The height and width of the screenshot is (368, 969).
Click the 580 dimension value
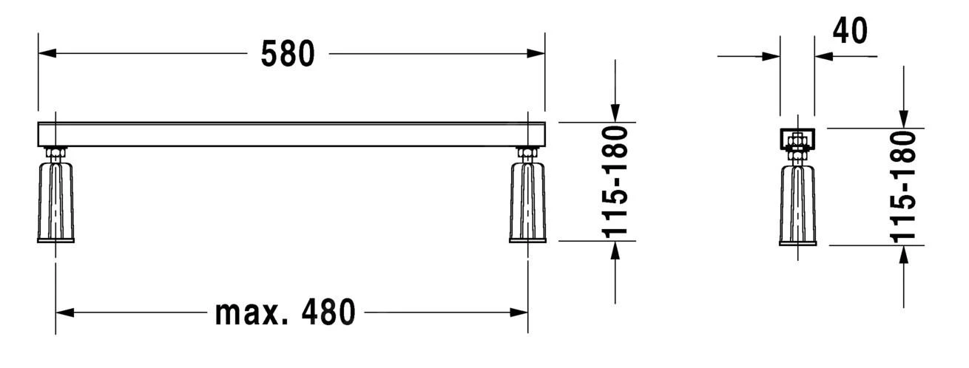point(288,54)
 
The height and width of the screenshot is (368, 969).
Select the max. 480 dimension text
point(285,313)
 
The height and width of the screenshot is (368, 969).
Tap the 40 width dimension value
point(850,30)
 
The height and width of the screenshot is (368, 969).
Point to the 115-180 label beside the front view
point(615,181)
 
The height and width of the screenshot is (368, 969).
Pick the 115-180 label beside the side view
point(903,186)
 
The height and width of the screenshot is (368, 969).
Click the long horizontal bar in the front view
point(291,134)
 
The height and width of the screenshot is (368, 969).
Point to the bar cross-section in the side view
point(797,137)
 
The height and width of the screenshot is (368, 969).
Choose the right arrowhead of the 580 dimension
point(536,53)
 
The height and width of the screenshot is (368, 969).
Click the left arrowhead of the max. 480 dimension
point(65,313)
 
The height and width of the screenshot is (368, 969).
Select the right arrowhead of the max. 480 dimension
point(519,313)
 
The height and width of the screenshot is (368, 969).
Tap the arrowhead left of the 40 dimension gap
point(771,55)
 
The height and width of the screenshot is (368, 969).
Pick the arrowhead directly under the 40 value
point(824,55)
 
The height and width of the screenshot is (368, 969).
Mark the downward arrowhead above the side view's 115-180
point(903,118)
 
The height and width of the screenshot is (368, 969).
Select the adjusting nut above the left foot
point(55,154)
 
